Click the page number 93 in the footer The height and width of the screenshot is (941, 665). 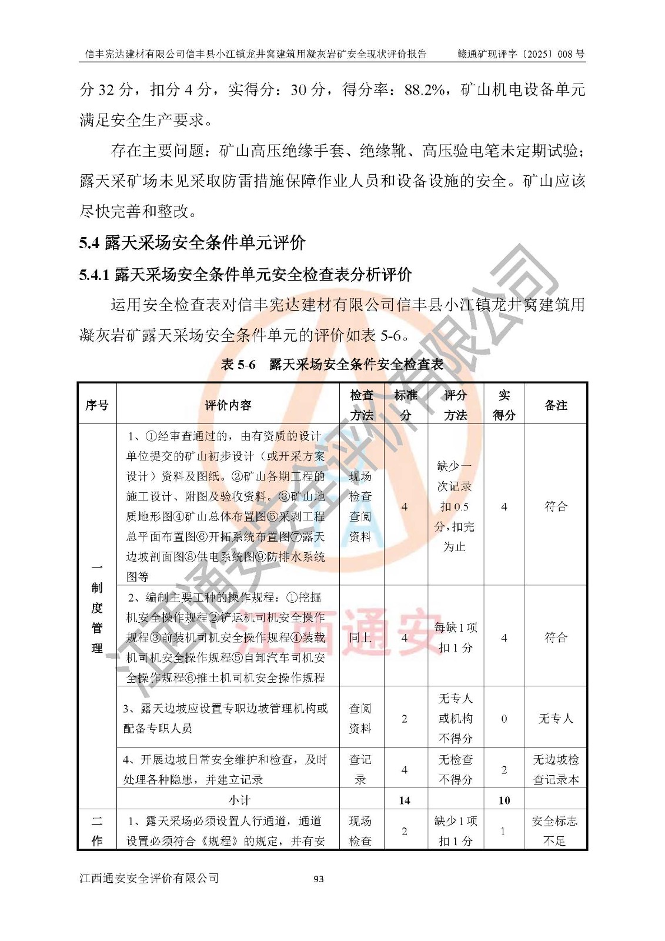click(319, 879)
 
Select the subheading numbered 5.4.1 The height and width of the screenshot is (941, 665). click(246, 274)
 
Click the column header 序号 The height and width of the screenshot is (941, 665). click(97, 405)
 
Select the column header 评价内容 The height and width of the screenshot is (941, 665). click(228, 405)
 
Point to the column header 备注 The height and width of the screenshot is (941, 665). click(556, 405)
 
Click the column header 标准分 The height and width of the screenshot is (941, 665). click(406, 405)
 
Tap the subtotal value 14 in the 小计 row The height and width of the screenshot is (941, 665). click(405, 800)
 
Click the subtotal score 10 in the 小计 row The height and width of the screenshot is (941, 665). click(504, 800)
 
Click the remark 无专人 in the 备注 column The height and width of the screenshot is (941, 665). click(556, 719)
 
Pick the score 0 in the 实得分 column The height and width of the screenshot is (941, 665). click(504, 719)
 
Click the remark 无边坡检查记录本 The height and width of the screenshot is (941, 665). click(556, 769)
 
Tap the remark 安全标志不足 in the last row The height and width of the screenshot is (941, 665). click(555, 830)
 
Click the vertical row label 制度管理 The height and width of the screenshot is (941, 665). click(97, 608)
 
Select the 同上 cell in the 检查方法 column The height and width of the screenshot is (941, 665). click(360, 638)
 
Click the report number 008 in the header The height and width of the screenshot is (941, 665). click(564, 54)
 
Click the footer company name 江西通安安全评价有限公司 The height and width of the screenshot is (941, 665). click(149, 878)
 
